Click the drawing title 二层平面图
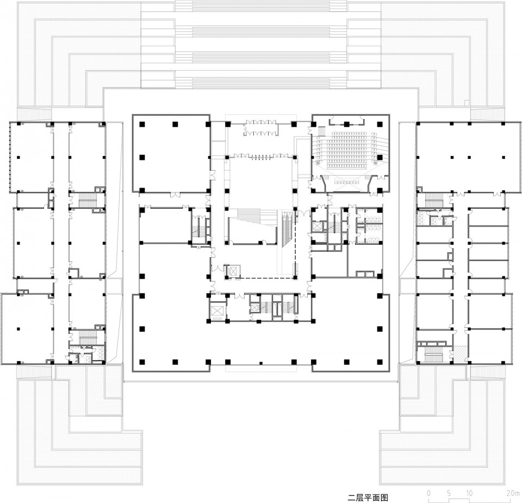click(x=368, y=498)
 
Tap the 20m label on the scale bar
click(x=511, y=493)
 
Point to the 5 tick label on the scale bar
click(x=449, y=493)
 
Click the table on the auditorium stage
click(x=347, y=182)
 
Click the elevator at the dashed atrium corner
click(x=232, y=270)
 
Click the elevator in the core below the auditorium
click(x=317, y=227)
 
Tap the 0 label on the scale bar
click(x=428, y=493)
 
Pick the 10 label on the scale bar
click(x=469, y=493)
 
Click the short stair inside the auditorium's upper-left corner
click(x=321, y=132)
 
